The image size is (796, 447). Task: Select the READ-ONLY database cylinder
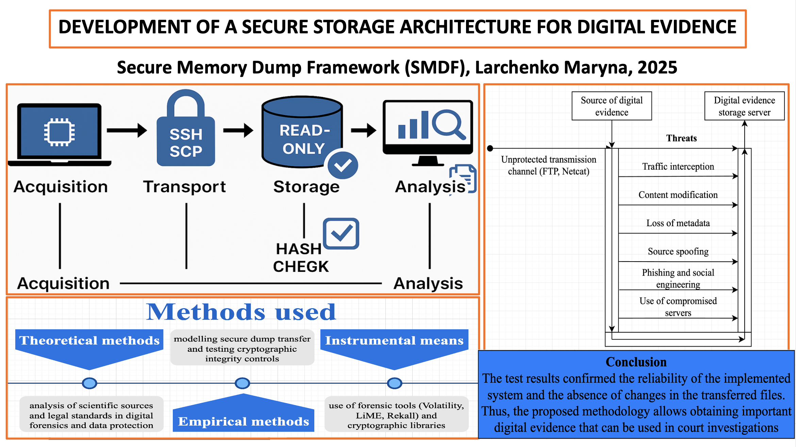(302, 133)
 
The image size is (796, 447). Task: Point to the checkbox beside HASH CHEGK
(341, 234)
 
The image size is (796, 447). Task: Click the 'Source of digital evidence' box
(612, 106)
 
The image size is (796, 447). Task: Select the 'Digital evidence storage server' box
(744, 106)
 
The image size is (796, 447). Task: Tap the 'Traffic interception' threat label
(678, 167)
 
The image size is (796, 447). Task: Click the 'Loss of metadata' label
(678, 223)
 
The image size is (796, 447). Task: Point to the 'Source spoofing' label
(678, 251)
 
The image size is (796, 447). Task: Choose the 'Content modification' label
(678, 195)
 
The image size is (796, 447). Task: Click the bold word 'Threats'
(681, 138)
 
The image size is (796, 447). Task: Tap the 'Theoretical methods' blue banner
(89, 341)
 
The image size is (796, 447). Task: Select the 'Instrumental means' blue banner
(394, 341)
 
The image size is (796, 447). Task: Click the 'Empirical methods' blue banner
(244, 421)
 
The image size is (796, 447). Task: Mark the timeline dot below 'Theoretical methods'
(89, 383)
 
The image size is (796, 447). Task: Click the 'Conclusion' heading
(636, 362)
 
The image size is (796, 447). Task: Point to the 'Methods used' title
(241, 312)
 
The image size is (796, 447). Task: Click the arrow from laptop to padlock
(127, 130)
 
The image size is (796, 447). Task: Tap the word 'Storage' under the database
(306, 187)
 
